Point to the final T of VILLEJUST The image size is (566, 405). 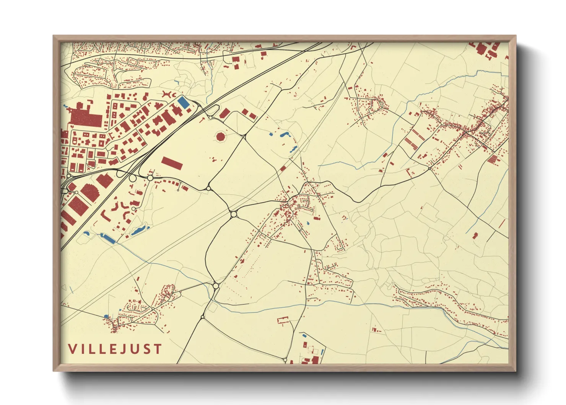tap(158, 349)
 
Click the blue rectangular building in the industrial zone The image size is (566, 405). tap(183, 102)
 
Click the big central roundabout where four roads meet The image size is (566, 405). tap(234, 214)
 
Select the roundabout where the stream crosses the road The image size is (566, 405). tap(216, 286)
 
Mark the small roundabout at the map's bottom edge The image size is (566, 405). tap(285, 360)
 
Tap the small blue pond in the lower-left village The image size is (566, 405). tap(106, 317)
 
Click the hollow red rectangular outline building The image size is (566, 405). tap(283, 320)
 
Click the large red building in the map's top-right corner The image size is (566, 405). tap(481, 48)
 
